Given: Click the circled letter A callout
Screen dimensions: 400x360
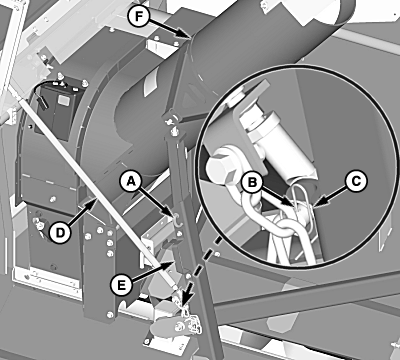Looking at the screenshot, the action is (131, 181).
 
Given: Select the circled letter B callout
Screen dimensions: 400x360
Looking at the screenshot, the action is (252, 182).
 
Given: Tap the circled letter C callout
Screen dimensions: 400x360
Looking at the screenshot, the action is (356, 181).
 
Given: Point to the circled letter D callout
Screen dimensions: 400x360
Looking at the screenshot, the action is (60, 232).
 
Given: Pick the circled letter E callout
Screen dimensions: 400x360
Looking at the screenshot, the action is (121, 285).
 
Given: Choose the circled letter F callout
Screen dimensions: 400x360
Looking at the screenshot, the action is (138, 17).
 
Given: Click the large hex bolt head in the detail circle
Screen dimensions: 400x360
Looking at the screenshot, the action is (222, 167).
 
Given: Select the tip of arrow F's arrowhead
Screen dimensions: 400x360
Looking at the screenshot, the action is (191, 38).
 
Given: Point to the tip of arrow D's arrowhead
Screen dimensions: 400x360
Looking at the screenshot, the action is (97, 198).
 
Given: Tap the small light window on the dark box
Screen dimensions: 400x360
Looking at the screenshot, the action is (63, 100).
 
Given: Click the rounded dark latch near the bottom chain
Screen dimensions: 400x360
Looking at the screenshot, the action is (167, 327).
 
